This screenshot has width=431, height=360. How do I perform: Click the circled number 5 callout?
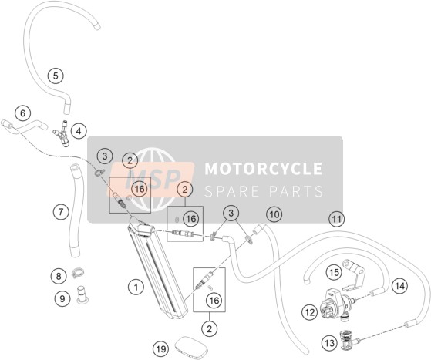[56, 76]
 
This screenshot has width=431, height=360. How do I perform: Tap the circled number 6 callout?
[23, 113]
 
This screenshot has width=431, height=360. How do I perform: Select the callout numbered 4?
[79, 131]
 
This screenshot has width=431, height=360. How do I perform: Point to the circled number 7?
[61, 212]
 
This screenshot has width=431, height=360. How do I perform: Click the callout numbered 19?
[161, 349]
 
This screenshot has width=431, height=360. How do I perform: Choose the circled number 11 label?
[337, 219]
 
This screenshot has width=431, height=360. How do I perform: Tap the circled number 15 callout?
[334, 273]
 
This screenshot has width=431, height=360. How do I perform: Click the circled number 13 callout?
[329, 343]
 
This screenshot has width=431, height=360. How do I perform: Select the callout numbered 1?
[136, 288]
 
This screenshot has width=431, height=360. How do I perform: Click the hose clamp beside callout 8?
[78, 273]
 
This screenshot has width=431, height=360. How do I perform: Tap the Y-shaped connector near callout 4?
[62, 133]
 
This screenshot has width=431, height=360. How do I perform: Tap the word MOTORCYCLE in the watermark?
[264, 169]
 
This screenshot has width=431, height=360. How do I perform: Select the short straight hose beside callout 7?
[74, 210]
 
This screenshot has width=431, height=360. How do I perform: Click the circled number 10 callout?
[274, 214]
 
